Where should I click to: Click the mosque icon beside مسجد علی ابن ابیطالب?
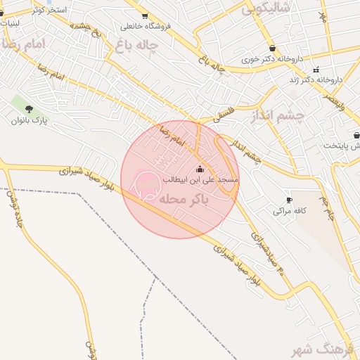(x=200, y=169)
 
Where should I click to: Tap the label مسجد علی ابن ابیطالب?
(x=200, y=180)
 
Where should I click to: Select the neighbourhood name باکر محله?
(x=185, y=200)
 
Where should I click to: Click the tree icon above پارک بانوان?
(x=29, y=109)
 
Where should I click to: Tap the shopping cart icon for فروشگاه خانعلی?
(x=145, y=15)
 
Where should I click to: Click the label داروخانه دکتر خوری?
(x=271, y=60)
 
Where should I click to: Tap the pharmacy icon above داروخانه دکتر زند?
(x=316, y=69)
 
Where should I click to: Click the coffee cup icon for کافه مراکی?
(x=289, y=200)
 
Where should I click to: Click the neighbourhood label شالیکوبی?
(x=266, y=10)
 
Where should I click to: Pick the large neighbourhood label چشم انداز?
(x=278, y=115)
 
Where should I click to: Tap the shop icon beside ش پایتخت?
(x=356, y=134)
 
